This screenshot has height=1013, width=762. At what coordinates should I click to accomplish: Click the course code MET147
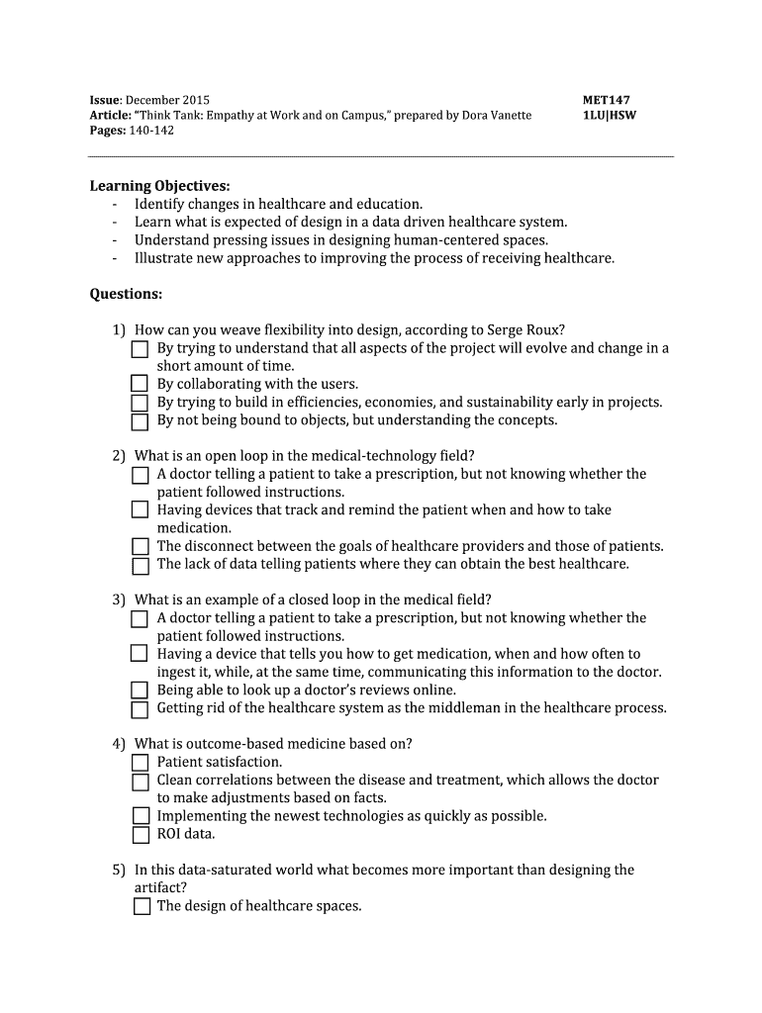click(x=607, y=100)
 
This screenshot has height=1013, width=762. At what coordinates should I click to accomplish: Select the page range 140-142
click(x=150, y=131)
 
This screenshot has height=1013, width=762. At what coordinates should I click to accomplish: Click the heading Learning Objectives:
click(x=159, y=186)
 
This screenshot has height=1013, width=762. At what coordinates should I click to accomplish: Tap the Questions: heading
click(x=126, y=294)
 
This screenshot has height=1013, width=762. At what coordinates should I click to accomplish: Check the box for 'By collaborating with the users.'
click(x=141, y=384)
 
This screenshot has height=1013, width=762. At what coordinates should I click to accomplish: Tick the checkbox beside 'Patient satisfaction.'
click(x=141, y=762)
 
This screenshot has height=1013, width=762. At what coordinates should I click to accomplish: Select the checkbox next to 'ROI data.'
click(x=141, y=834)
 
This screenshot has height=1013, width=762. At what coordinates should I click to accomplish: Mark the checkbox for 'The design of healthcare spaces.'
click(x=141, y=906)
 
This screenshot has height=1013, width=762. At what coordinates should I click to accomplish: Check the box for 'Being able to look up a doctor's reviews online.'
click(x=141, y=691)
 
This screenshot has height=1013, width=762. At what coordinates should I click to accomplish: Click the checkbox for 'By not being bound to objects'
click(x=141, y=420)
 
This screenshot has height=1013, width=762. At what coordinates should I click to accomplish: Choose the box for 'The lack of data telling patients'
click(x=141, y=565)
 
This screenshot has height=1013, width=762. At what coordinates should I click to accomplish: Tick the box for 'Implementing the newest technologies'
click(x=141, y=816)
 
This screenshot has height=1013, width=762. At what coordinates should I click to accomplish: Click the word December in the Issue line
click(x=152, y=100)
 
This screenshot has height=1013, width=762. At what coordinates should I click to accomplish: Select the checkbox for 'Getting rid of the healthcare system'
click(x=141, y=708)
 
